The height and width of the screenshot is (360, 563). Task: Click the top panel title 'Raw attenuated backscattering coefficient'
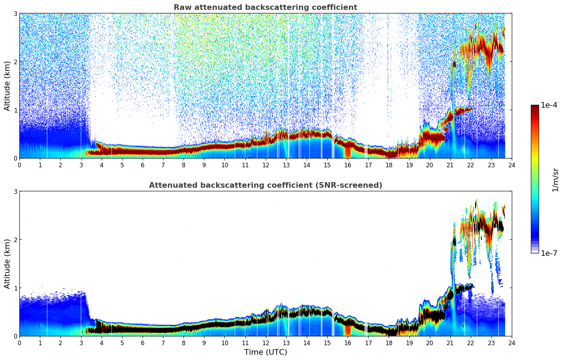(265, 7)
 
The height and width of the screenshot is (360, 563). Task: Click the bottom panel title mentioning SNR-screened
(265, 185)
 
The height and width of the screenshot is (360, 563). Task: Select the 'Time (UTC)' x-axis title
(265, 352)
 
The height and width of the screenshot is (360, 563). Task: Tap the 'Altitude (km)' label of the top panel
(7, 86)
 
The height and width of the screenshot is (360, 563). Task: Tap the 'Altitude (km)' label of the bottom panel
(7, 264)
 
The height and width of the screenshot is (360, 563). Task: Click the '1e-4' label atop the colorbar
(549, 105)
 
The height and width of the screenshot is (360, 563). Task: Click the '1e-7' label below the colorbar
(549, 253)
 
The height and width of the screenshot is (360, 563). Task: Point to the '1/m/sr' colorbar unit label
(555, 180)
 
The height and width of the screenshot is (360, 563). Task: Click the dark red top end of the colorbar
(534, 107)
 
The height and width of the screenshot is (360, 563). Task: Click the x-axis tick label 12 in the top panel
(265, 165)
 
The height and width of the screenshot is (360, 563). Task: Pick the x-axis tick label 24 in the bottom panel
(511, 343)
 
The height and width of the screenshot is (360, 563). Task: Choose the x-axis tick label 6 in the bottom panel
(143, 343)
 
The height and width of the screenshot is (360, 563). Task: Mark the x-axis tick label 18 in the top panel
(389, 165)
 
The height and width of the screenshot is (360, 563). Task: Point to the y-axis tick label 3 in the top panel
(15, 13)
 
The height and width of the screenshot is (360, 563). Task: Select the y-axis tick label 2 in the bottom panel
(15, 240)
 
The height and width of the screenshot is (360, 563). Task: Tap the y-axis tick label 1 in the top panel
(15, 110)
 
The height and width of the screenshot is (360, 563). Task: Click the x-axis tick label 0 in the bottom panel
(19, 343)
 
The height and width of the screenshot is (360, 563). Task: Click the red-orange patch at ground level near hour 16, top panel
(348, 153)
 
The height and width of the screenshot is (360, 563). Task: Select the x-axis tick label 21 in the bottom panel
(450, 343)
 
